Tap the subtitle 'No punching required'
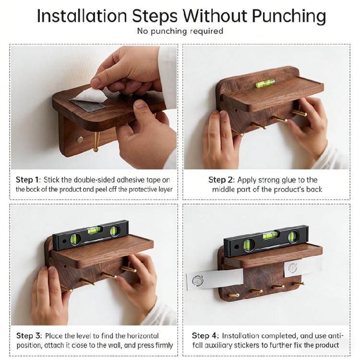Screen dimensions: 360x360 click(x=180, y=31)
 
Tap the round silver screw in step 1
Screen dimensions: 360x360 click(x=80, y=139)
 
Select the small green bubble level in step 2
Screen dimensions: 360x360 click(x=265, y=83)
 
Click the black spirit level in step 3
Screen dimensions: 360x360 click(x=91, y=235)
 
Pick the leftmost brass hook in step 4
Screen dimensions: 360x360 click(x=233, y=295)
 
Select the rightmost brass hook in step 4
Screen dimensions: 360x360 click(x=298, y=284)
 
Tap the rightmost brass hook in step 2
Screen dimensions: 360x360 click(x=299, y=113)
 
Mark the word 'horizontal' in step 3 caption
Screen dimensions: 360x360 click(x=143, y=336)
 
